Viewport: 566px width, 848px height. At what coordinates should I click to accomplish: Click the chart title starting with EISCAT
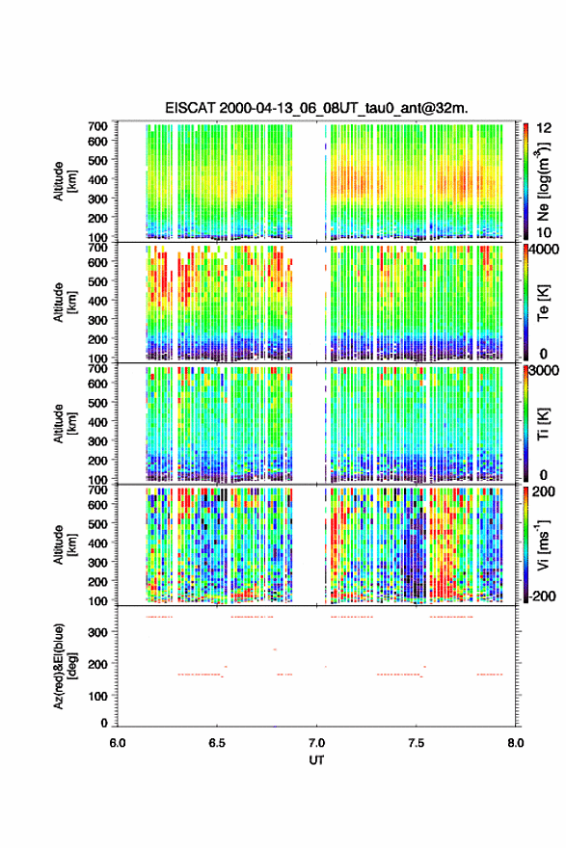pos(316,108)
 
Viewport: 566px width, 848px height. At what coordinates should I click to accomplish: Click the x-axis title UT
pos(316,760)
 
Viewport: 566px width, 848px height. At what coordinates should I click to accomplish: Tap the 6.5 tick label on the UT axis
pos(217,743)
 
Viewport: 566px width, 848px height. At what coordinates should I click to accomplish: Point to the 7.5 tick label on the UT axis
pos(417,743)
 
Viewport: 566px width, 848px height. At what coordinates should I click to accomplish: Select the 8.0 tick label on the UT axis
pos(516,743)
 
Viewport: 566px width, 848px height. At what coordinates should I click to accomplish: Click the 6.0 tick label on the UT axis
pos(118,743)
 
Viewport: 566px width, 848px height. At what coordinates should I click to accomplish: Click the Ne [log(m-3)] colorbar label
pos(543,182)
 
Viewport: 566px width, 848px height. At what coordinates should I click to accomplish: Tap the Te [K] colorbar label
pos(543,303)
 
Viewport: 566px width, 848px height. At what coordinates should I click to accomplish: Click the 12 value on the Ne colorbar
pos(544,128)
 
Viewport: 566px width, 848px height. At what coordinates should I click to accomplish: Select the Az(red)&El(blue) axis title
pos(65,666)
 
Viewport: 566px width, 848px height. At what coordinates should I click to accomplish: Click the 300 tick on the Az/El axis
pos(98,632)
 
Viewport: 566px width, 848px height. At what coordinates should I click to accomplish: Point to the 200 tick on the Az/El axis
pos(98,664)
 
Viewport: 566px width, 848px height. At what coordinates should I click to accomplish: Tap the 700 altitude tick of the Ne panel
pos(98,126)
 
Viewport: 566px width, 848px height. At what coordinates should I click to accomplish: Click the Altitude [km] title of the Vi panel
pos(65,544)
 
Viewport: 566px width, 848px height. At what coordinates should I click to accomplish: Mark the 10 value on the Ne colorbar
pos(544,232)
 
